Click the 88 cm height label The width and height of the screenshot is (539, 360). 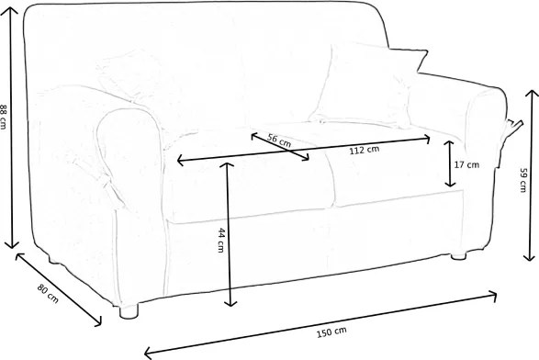pyautogui.click(x=3, y=117)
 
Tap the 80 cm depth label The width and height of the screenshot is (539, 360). pyautogui.click(x=48, y=293)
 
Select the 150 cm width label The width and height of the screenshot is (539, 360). pyautogui.click(x=331, y=332)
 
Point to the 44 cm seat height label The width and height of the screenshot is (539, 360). pyautogui.click(x=221, y=240)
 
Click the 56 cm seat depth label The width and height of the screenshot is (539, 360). pyautogui.click(x=279, y=141)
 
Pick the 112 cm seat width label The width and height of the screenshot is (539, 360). pyautogui.click(x=365, y=150)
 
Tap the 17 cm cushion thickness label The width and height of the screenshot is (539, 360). pyautogui.click(x=466, y=164)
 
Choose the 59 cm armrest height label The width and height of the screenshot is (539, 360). pyautogui.click(x=522, y=180)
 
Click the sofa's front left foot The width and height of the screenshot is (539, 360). pyautogui.click(x=129, y=310)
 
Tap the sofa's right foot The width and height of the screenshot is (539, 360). pyautogui.click(x=458, y=256)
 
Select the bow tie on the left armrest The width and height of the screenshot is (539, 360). pyautogui.click(x=111, y=190)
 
